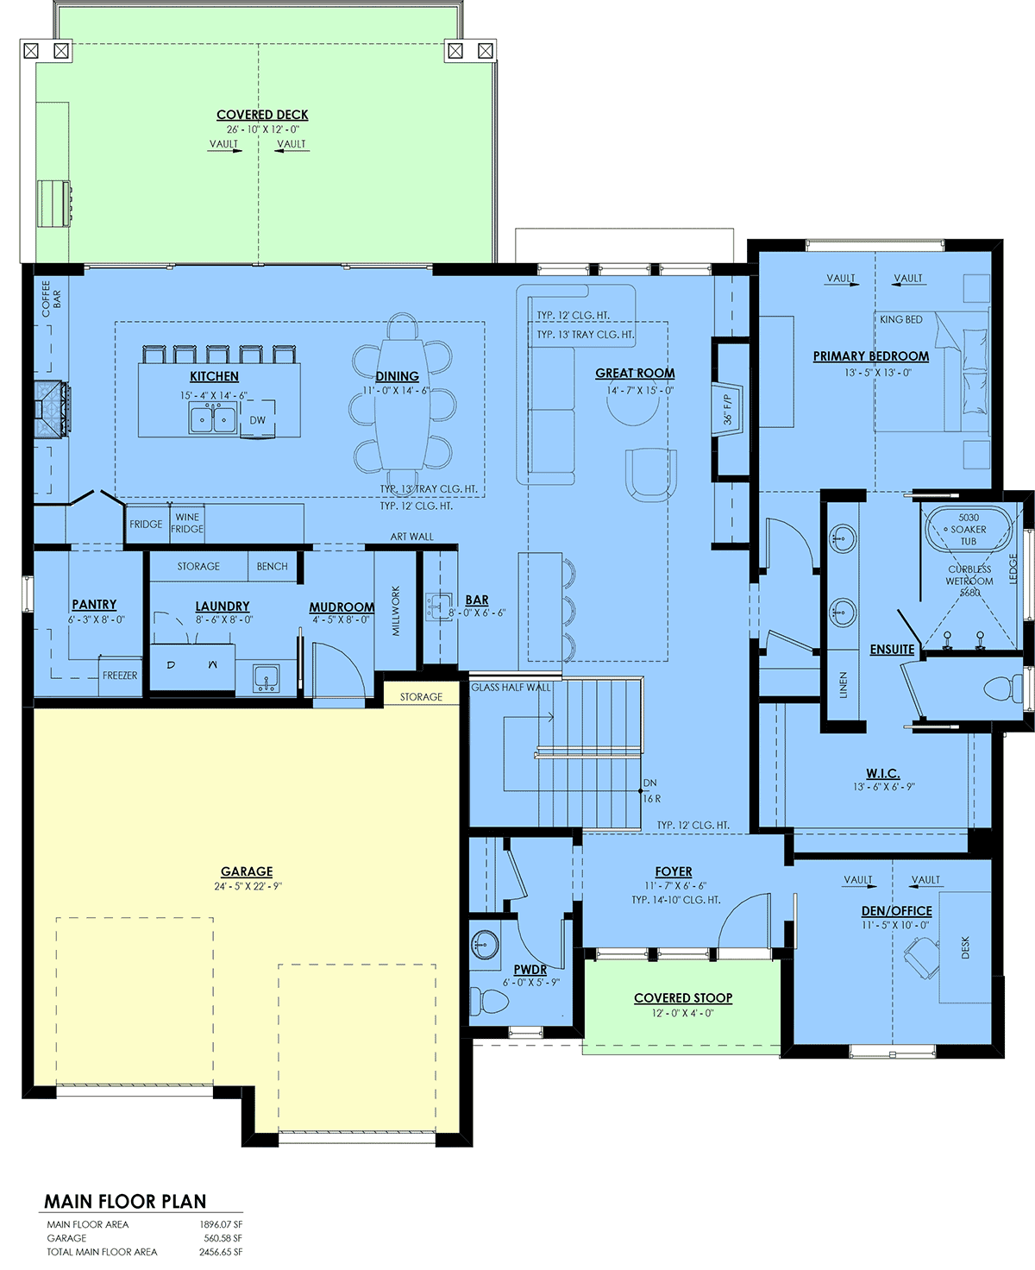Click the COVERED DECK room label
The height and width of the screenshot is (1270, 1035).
point(262,115)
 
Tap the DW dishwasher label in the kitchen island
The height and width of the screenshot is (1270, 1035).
point(257,420)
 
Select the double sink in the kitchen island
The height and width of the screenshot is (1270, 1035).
point(212,419)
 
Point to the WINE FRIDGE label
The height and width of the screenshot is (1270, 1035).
point(187,523)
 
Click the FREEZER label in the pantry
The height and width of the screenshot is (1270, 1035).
point(120,675)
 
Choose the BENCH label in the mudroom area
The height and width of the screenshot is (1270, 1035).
point(273,566)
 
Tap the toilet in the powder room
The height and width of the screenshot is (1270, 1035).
point(489,1001)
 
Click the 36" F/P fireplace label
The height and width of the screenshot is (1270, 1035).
point(727,410)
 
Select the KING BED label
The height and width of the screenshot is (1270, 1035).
point(900,319)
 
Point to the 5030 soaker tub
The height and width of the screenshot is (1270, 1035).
point(969,530)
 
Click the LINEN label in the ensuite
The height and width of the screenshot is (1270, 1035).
point(843,685)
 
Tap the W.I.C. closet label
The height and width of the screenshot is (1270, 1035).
point(882,773)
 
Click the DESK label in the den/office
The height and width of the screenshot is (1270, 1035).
point(965,947)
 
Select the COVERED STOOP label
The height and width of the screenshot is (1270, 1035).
point(683,998)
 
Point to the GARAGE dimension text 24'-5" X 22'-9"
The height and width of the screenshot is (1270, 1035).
point(248,886)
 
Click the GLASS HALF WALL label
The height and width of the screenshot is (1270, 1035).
point(511,687)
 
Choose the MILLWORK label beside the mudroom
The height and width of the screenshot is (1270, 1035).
point(396,611)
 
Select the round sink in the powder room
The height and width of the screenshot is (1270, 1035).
point(485,944)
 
